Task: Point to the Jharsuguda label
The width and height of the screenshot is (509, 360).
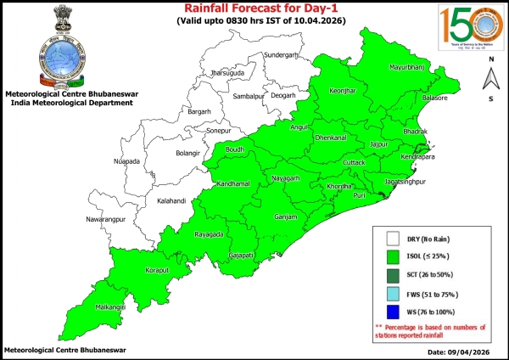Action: (x=227, y=73)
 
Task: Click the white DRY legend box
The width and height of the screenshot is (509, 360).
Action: (x=392, y=239)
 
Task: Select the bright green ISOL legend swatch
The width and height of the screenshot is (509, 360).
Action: (x=392, y=256)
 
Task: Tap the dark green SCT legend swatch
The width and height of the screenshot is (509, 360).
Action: (x=392, y=275)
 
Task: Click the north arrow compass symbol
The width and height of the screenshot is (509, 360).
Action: (x=490, y=79)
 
